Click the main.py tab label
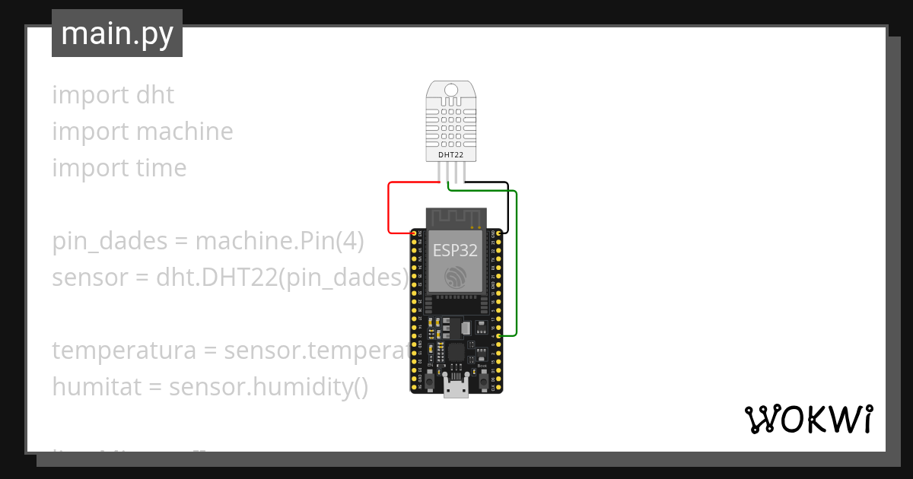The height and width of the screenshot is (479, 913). click(117, 33)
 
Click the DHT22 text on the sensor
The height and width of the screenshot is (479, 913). click(451, 155)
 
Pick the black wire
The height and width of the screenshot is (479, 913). click(507, 205)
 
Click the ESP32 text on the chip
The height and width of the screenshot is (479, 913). click(456, 250)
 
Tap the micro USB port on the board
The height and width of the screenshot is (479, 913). click(456, 389)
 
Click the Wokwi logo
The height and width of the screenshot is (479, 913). click(808, 419)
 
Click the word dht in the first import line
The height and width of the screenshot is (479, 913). click(155, 95)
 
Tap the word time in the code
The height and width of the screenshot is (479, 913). click(161, 168)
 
